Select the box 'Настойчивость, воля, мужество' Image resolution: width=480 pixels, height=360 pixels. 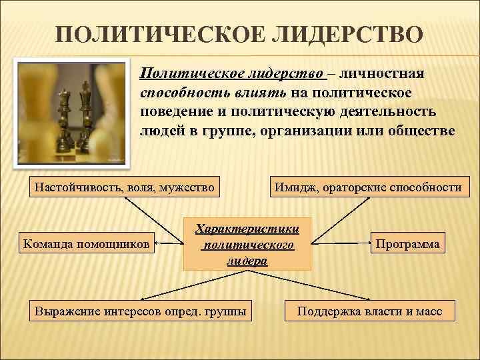(x=125, y=187)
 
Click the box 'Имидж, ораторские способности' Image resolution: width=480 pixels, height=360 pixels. (x=367, y=187)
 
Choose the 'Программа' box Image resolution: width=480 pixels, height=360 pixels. (x=407, y=243)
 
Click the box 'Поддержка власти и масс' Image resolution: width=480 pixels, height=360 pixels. (x=369, y=311)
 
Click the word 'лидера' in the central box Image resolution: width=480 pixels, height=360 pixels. (x=247, y=261)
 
